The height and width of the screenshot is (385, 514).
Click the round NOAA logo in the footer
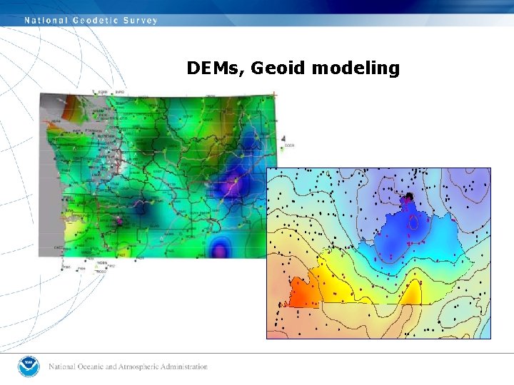point(29,366)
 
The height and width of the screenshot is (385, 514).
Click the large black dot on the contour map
point(410,196)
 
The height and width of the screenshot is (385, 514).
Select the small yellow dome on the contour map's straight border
point(412,293)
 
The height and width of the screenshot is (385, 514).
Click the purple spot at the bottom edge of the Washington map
point(222,249)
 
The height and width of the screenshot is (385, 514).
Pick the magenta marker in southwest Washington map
point(119,222)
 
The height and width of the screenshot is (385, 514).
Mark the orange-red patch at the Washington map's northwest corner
point(71,112)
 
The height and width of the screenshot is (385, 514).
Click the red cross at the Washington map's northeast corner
point(274,94)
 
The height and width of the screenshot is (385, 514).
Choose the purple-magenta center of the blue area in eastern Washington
point(231,187)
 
